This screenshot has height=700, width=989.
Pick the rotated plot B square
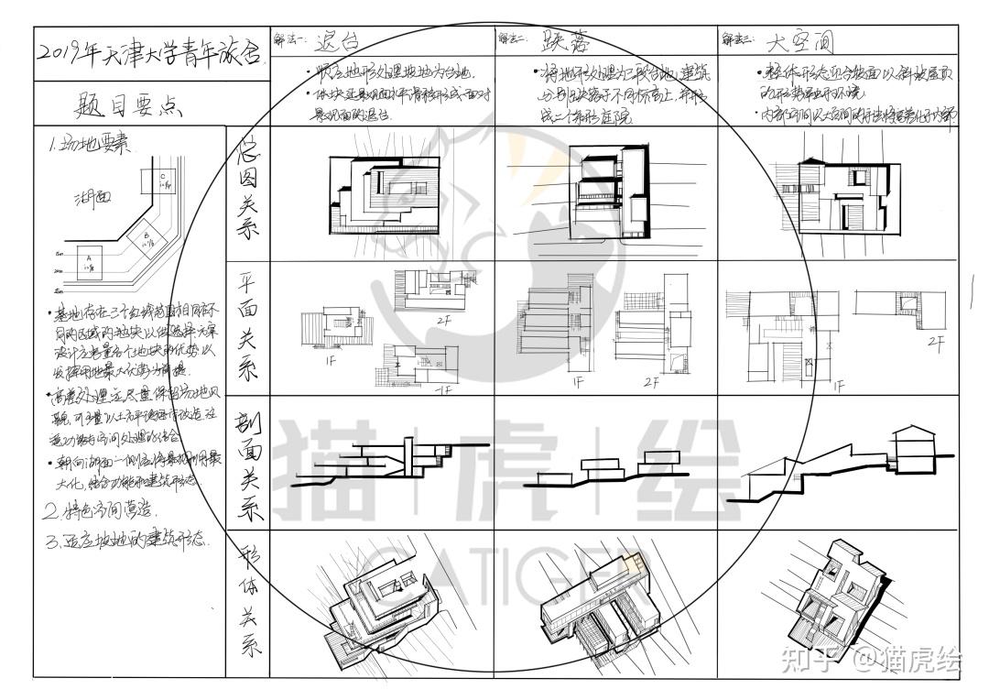(x=146, y=237)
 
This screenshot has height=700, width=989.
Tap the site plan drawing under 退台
(x=380, y=192)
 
